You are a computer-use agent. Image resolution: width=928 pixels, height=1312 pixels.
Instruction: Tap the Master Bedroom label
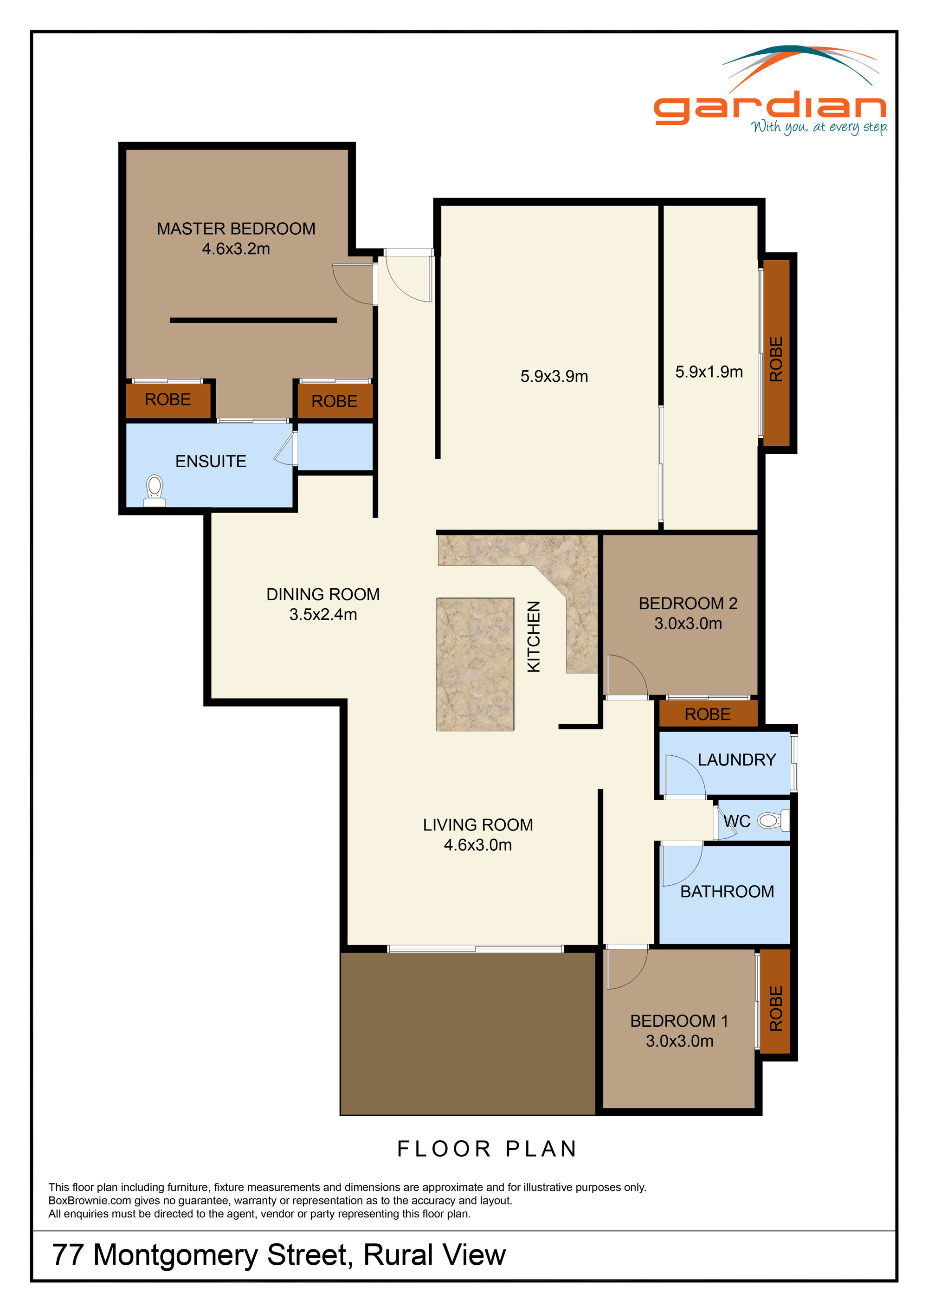click(x=236, y=229)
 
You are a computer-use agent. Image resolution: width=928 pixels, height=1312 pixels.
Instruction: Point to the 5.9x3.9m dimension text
click(x=554, y=376)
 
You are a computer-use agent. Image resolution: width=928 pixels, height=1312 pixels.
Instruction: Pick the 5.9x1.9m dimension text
click(x=709, y=372)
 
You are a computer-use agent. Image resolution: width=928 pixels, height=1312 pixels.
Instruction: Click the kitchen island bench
click(x=475, y=664)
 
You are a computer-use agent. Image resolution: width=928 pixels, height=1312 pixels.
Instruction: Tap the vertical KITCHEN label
click(x=533, y=636)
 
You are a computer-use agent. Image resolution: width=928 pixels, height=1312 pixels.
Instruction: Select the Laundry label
click(x=736, y=759)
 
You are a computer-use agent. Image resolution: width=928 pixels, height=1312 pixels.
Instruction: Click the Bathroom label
click(x=727, y=891)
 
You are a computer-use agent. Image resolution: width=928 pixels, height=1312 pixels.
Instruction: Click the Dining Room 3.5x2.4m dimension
click(x=323, y=614)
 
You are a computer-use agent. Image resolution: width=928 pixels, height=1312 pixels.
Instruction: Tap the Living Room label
click(x=478, y=824)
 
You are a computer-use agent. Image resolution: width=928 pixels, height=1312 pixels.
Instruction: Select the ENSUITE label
click(x=210, y=461)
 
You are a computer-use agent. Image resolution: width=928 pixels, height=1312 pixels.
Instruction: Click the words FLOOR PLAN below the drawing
click(x=487, y=1149)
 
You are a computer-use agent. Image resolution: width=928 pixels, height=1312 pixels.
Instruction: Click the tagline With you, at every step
click(x=819, y=127)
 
